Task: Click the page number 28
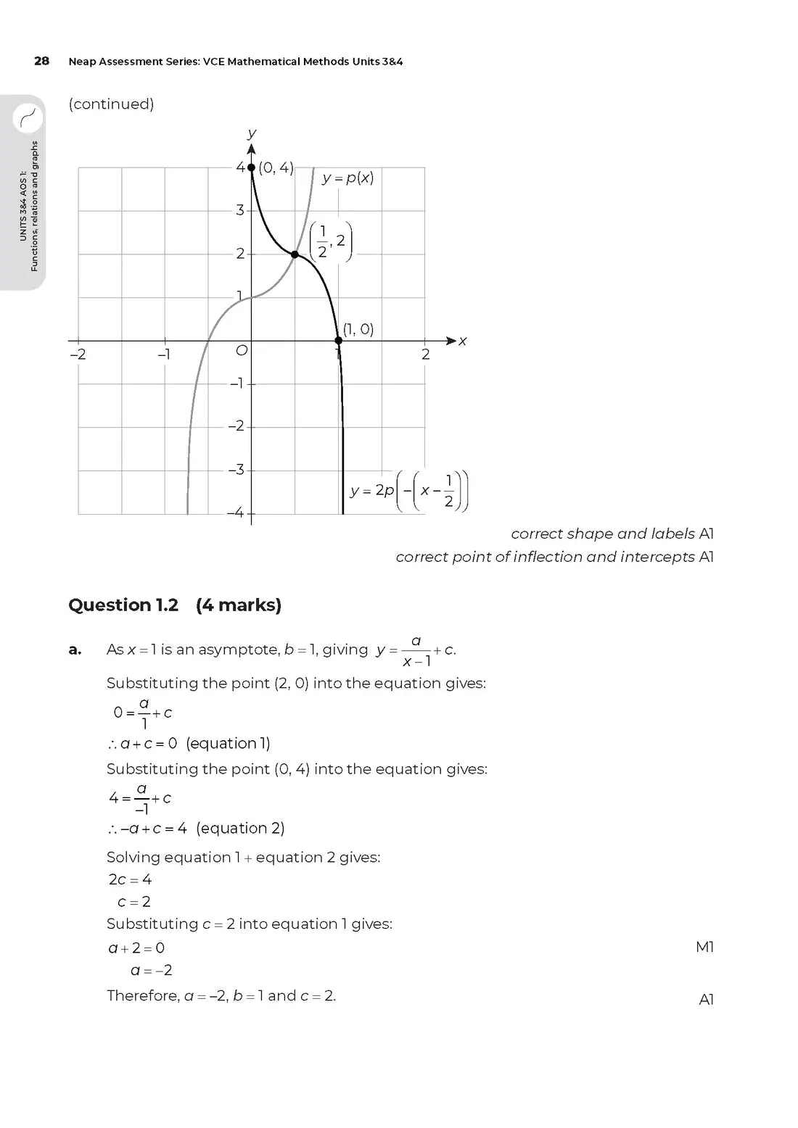pos(42,61)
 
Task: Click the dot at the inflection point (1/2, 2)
pos(295,254)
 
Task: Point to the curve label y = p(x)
pos(348,178)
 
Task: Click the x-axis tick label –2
pos(78,354)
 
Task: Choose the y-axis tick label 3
pos(239,210)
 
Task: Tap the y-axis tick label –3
pos(236,470)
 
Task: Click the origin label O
pos(242,351)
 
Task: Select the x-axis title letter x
pos(462,341)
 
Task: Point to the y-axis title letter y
pos(252,133)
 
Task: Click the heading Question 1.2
pos(123,605)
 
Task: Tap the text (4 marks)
pos(239,605)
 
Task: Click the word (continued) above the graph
pos(111,104)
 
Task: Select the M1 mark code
pos(704,947)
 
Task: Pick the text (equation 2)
pos(240,828)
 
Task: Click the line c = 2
pos(134,902)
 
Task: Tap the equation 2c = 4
pos(131,879)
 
